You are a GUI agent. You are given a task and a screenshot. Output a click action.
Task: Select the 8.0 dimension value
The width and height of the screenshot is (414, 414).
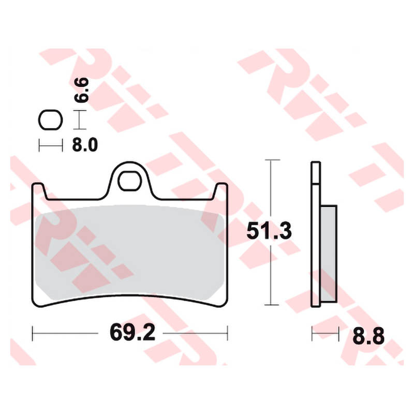(x=84, y=145)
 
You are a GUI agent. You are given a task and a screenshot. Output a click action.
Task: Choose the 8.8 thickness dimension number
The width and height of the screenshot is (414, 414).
(x=368, y=336)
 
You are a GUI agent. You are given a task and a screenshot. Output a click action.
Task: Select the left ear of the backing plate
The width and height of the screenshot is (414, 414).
(x=39, y=190)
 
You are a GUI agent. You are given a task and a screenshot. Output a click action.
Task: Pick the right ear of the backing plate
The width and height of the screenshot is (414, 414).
(x=221, y=190)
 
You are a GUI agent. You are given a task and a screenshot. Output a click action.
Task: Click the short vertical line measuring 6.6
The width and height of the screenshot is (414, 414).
(x=78, y=120)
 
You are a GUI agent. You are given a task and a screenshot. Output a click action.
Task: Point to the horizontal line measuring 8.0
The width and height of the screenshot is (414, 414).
(x=51, y=145)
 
